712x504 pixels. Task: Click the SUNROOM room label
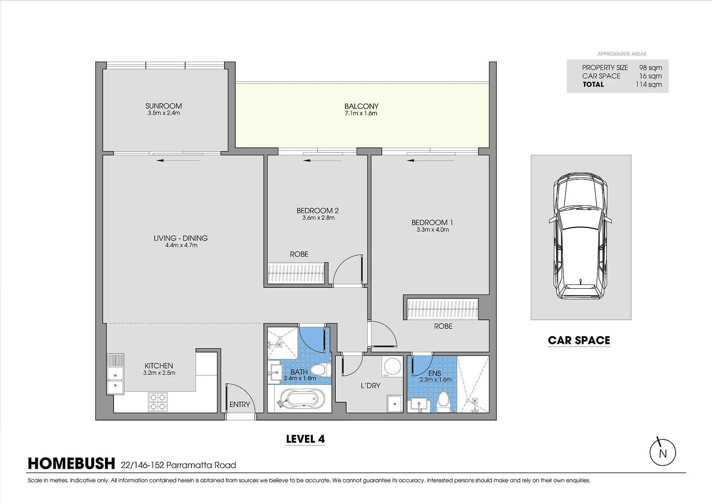pos(164,106)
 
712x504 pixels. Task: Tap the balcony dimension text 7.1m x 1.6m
pos(361,113)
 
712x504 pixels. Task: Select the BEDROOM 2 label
pos(318,211)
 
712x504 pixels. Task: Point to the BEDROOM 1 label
pos(432,222)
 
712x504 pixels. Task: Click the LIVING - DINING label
pos(181,238)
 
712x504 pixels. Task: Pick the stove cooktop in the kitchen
pos(158,402)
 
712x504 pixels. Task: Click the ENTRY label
pos(240,404)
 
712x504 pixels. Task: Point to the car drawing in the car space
pos(580,236)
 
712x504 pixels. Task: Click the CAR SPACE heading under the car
pos(579,340)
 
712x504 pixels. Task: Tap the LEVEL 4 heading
pos(305,439)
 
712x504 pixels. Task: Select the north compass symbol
pos(663,452)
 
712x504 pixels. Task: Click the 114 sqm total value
pos(649,84)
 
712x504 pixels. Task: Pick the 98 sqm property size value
pos(650,68)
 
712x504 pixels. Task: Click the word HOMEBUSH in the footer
pos(72,464)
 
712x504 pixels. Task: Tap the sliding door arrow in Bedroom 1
pos(430,160)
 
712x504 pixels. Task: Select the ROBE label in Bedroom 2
pos(299,254)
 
